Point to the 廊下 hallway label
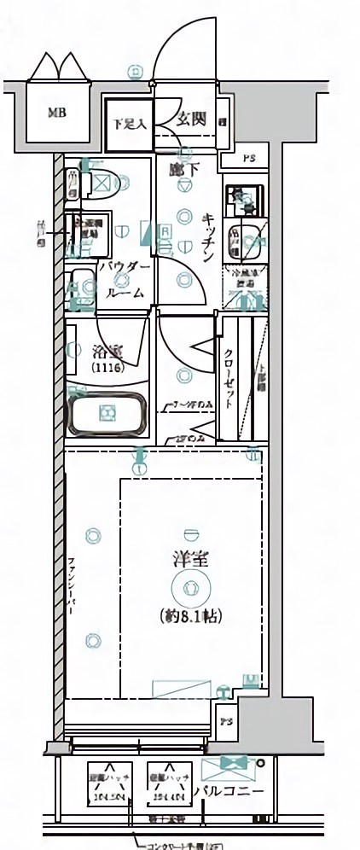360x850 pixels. click(183, 169)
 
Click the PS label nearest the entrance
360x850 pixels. click(247, 159)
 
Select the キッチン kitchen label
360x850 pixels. click(208, 234)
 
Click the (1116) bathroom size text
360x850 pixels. click(107, 368)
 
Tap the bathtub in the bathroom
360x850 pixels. click(107, 414)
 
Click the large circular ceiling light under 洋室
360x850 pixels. click(189, 588)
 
